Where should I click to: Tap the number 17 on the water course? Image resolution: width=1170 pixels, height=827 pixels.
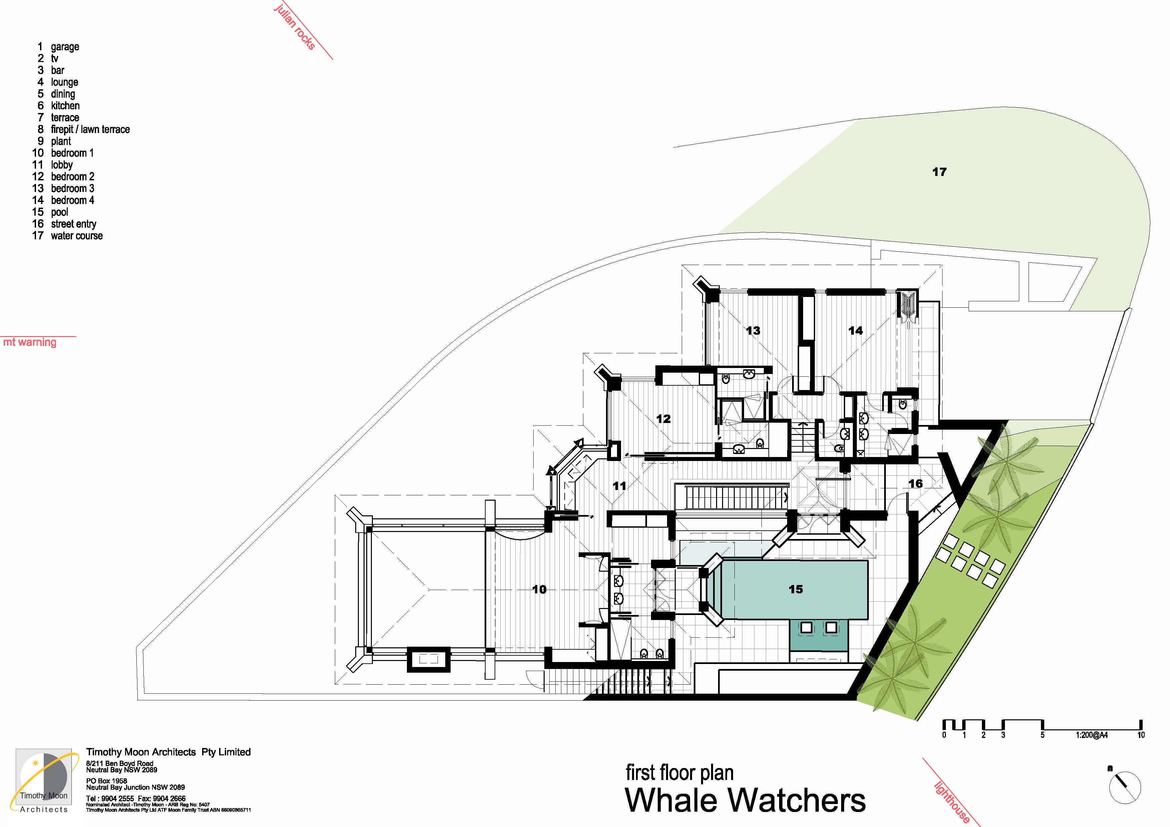coord(939,172)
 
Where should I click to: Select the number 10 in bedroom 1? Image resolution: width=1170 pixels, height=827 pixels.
coord(539,589)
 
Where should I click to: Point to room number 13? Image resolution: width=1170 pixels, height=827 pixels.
coord(753,330)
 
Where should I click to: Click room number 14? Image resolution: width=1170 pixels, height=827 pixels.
coord(855,330)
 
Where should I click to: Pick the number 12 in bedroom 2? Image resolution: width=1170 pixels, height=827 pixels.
coord(663,419)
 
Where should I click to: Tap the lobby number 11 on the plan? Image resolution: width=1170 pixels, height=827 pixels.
coord(619,486)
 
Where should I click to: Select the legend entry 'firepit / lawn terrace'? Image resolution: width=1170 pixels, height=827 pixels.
coord(90,129)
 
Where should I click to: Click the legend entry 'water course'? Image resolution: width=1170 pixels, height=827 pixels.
coord(76,236)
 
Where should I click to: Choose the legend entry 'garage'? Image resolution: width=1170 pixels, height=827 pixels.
coord(65,47)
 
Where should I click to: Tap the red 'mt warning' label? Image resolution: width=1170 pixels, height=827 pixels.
coord(30,342)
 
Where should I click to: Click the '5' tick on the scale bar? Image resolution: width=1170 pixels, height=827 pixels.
coord(1042,735)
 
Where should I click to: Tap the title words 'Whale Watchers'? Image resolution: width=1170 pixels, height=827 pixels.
coord(745,801)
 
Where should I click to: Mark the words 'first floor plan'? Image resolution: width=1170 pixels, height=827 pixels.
coord(679,773)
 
